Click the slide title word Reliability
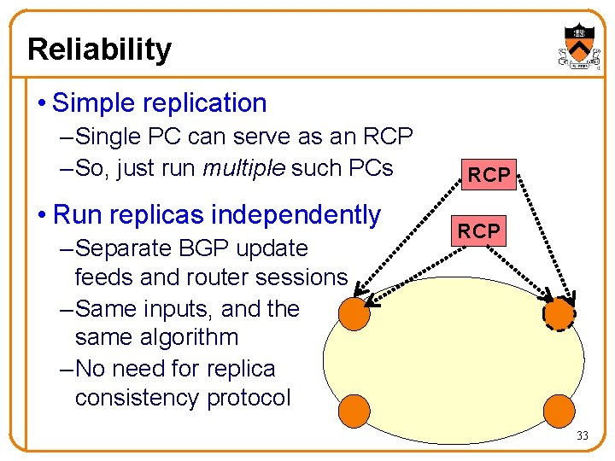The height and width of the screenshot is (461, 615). (99, 50)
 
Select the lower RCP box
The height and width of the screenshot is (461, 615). (478, 230)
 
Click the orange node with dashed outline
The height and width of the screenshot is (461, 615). (559, 315)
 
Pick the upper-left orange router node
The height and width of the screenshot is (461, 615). (354, 315)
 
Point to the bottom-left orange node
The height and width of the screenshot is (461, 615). (354, 411)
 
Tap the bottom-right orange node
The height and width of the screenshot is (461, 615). (559, 411)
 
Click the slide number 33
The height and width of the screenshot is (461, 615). (582, 436)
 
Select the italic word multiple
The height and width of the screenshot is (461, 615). (245, 167)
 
